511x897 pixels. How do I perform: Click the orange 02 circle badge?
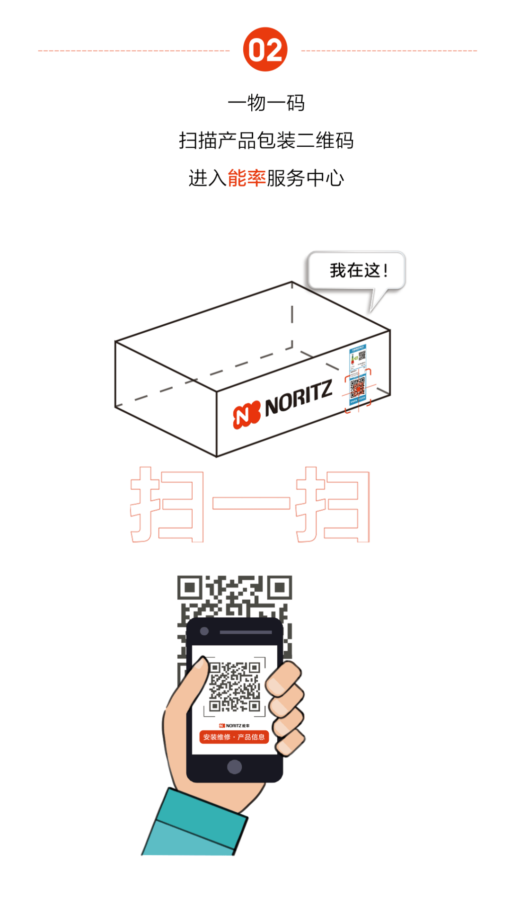tap(265, 50)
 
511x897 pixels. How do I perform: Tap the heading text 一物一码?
tap(266, 102)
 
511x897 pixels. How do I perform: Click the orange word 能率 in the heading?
tap(247, 178)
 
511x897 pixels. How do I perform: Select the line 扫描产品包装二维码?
tap(266, 141)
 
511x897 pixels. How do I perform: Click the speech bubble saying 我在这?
tap(358, 271)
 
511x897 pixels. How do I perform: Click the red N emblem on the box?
tap(246, 414)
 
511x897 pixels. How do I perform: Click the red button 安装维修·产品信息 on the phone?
tap(234, 737)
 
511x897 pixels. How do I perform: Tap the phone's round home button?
tap(234, 767)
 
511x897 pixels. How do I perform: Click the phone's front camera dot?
tap(204, 631)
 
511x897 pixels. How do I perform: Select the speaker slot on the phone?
tap(246, 632)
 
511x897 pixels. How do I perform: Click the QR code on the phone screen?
tap(235, 686)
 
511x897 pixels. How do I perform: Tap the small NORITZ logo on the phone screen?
tap(234, 725)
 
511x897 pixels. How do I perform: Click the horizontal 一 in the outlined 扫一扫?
tap(251, 503)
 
